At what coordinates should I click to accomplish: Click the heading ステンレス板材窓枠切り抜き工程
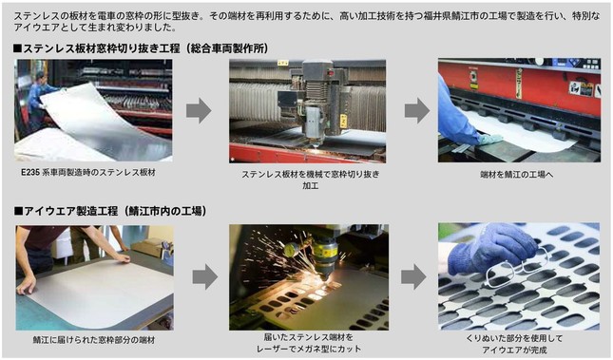click(100, 47)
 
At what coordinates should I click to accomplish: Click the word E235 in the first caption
click(29, 173)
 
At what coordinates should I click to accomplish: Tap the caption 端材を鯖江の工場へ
click(518, 174)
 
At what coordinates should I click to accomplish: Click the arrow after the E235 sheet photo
click(198, 110)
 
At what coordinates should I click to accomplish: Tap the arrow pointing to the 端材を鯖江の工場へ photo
click(416, 110)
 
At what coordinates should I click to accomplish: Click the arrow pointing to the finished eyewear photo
click(413, 276)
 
